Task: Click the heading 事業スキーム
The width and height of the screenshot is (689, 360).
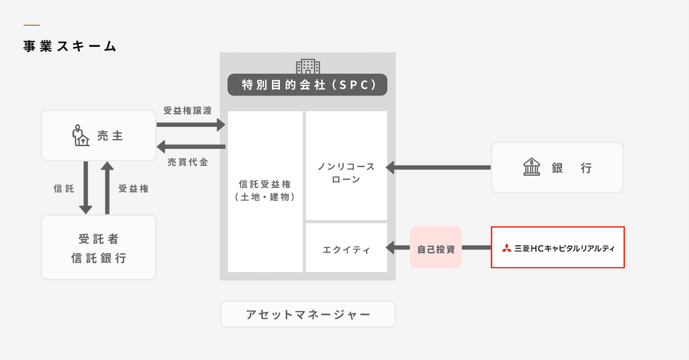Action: click(x=70, y=46)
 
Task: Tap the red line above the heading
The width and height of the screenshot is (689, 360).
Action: click(x=31, y=25)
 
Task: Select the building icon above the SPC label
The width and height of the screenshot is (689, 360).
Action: click(x=308, y=66)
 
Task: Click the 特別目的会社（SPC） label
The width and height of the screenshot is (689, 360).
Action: click(x=308, y=85)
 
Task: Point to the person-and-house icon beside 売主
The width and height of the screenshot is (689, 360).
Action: click(x=81, y=136)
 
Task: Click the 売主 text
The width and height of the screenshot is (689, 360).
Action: click(x=110, y=136)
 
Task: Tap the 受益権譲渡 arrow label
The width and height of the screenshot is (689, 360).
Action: click(x=187, y=111)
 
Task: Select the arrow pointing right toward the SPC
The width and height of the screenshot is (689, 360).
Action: click(x=190, y=125)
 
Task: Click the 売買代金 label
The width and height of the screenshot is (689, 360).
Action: click(x=187, y=162)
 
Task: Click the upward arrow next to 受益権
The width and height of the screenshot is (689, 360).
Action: click(x=107, y=187)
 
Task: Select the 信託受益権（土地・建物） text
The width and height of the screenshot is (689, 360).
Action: click(x=265, y=191)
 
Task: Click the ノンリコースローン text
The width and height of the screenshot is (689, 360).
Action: click(x=346, y=173)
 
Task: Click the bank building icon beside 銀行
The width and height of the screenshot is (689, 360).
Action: click(x=532, y=167)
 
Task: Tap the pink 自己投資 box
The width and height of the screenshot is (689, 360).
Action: click(x=436, y=248)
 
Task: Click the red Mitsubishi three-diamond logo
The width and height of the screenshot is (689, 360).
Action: click(x=507, y=248)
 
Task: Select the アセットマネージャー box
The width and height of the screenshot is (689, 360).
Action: click(x=308, y=314)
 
